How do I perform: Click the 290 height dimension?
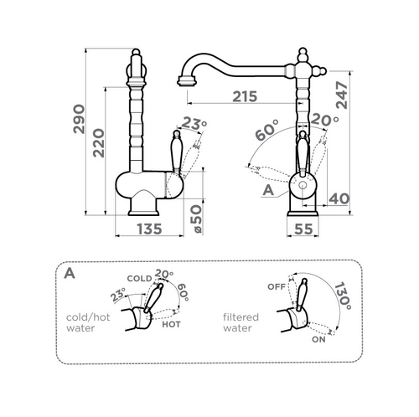[x=79, y=119]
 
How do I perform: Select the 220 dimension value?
[x=99, y=143]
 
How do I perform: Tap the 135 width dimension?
[x=149, y=229]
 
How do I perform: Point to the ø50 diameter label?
[x=197, y=219]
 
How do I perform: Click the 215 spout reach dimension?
[x=245, y=96]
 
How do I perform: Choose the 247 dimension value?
[x=342, y=95]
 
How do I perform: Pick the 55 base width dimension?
[x=303, y=229]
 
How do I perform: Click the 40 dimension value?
[x=339, y=198]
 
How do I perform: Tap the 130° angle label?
[x=343, y=296]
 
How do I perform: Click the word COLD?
[x=139, y=278]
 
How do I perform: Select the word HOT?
[x=171, y=324]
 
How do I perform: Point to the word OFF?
[x=277, y=286]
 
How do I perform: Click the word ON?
[x=318, y=339]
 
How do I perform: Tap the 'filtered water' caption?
[x=241, y=322]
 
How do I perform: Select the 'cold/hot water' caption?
[x=88, y=322]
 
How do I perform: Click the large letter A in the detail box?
[x=70, y=273]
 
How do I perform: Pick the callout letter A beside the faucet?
[x=268, y=190]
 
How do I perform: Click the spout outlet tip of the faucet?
[x=187, y=82]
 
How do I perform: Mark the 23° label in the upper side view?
[x=194, y=125]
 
